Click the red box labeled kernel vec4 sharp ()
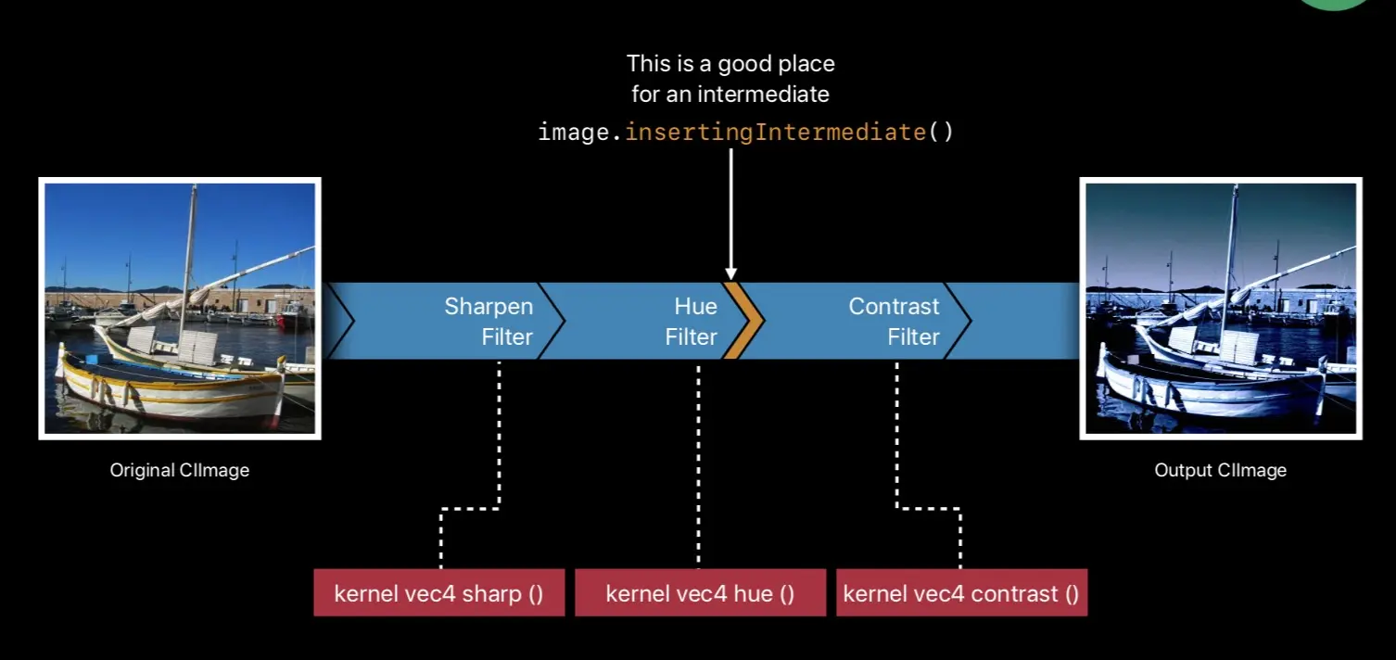coord(439,592)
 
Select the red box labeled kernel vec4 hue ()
coord(701,592)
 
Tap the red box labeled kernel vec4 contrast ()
coord(961,592)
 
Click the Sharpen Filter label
coord(489,322)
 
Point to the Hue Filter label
coord(692,322)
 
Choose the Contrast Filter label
coord(894,322)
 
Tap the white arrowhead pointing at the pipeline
coord(731,273)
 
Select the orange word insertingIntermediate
coord(775,133)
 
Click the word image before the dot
coord(574,133)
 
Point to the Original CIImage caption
coord(180,470)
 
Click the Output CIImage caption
coord(1220,470)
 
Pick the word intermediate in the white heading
coord(763,95)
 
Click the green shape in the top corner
coord(1334,5)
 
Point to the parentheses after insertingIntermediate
coord(941,133)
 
